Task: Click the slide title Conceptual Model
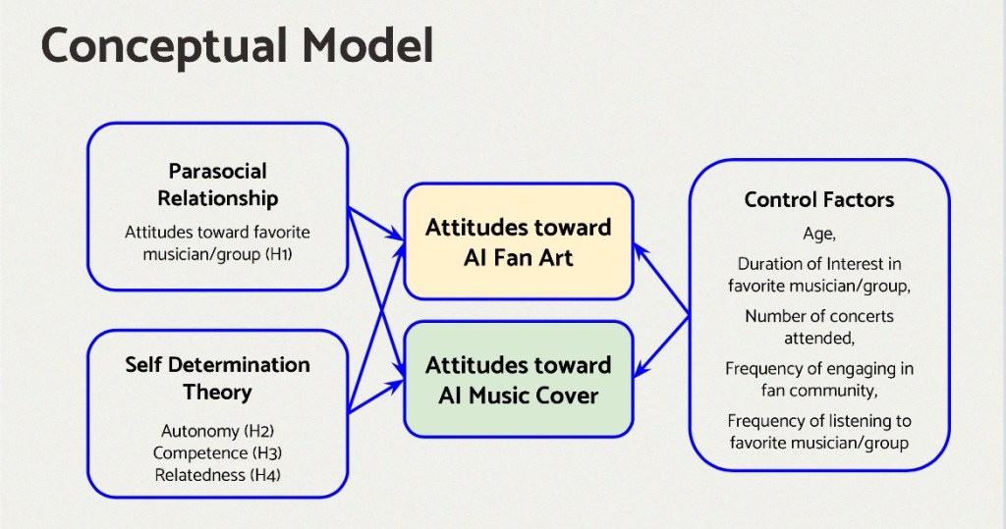pos(238,46)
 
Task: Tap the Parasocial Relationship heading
pos(217,185)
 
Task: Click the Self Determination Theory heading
pos(217,378)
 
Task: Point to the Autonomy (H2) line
pos(217,431)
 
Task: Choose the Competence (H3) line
pos(217,452)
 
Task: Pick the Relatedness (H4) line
pos(217,475)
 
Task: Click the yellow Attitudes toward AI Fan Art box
pos(519,241)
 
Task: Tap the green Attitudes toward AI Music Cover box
pos(519,380)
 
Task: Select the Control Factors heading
pos(819,199)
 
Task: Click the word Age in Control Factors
pos(817,234)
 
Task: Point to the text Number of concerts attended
pos(819,327)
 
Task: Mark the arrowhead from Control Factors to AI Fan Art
pos(641,252)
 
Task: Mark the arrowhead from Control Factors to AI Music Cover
pos(642,369)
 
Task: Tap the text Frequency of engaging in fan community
pos(819,379)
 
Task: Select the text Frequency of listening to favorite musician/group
pos(819,432)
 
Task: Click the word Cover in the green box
pos(567,396)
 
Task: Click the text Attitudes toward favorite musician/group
pos(217,243)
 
